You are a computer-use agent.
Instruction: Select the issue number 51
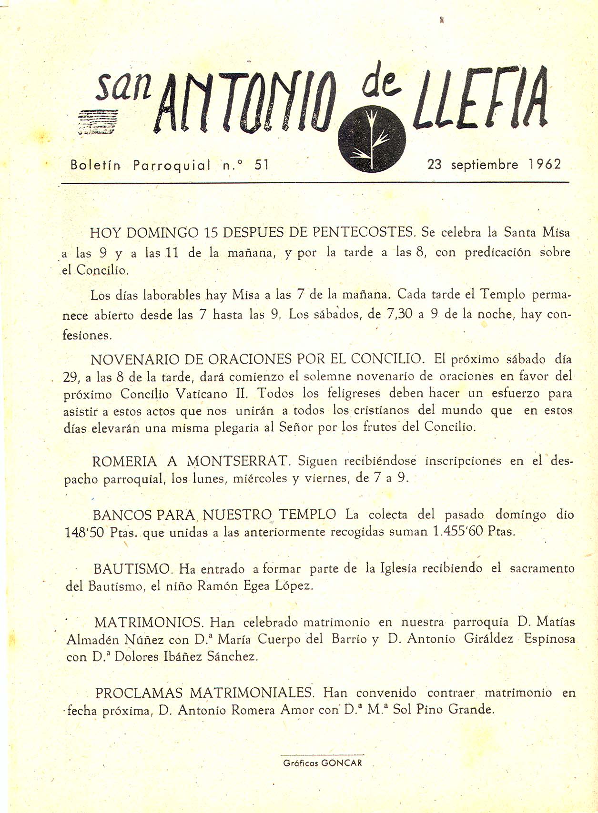point(262,165)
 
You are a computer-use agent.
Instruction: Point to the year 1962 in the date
point(544,164)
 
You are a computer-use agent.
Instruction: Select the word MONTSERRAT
point(238,461)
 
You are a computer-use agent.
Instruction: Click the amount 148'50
point(84,532)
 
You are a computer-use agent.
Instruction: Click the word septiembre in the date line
point(485,165)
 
